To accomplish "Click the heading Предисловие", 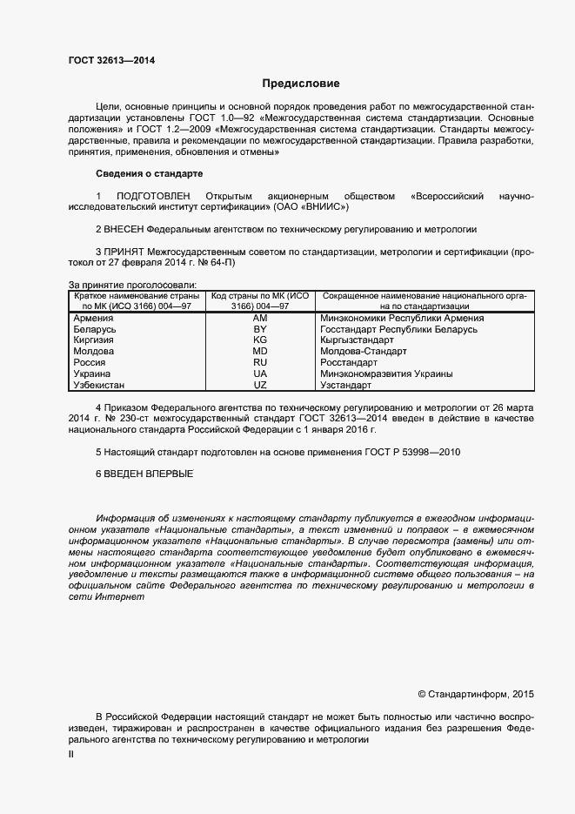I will pyautogui.click(x=301, y=84).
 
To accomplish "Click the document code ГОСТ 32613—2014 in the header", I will pyautogui.click(x=111, y=60).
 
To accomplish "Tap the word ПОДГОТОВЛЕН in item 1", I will pyautogui.click(x=153, y=196).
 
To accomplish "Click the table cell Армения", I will pyautogui.click(x=95, y=319).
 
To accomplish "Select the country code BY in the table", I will pyautogui.click(x=259, y=330).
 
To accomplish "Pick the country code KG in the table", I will pyautogui.click(x=259, y=340).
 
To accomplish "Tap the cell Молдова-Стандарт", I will pyautogui.click(x=363, y=352).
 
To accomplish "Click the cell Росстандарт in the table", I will pyautogui.click(x=348, y=362).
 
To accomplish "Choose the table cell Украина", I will pyautogui.click(x=93, y=373).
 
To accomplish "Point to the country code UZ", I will pyautogui.click(x=259, y=384).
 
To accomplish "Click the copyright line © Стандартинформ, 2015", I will pyautogui.click(x=476, y=694).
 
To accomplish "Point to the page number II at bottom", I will pyautogui.click(x=71, y=755).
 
